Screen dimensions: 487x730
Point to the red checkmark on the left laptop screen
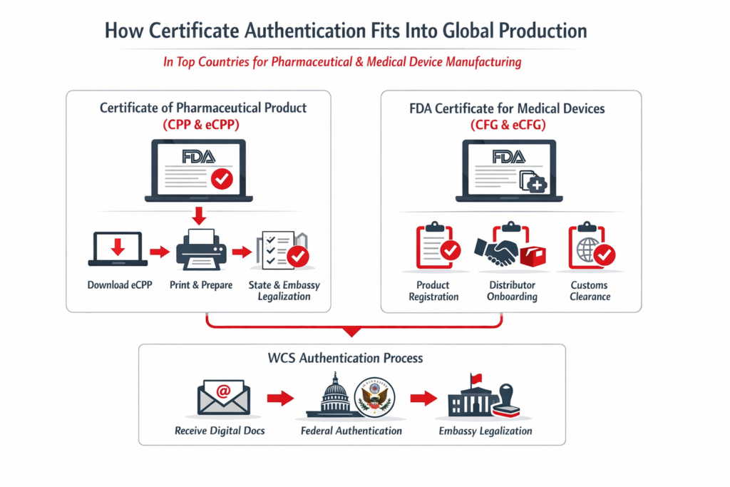click(x=222, y=178)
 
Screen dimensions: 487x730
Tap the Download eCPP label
click(x=120, y=285)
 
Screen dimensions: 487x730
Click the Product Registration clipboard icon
click(x=436, y=247)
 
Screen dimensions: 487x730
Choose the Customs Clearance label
click(x=589, y=290)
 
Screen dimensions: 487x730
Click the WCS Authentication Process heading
click(x=351, y=358)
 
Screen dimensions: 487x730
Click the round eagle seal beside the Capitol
click(x=374, y=396)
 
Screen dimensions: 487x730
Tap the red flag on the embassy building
click(x=475, y=379)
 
